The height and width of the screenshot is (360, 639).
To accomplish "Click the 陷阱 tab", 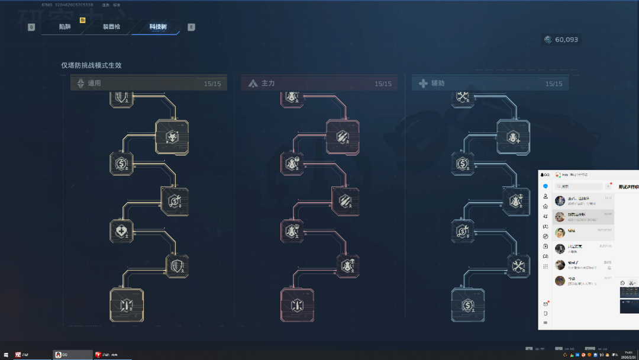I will (64, 27).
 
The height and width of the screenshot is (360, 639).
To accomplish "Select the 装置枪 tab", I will (111, 27).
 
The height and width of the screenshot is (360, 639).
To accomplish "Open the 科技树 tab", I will (157, 27).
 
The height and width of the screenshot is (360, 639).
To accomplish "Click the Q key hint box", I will (31, 27).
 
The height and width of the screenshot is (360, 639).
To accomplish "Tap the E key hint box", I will (191, 27).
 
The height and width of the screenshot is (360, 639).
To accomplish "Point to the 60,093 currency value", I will (566, 40).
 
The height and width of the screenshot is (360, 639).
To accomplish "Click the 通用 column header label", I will (94, 83).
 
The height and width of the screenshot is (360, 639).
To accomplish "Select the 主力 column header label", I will (268, 83).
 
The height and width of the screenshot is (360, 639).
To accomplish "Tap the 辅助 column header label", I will (438, 83).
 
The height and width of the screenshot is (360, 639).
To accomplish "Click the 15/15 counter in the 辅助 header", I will (554, 84).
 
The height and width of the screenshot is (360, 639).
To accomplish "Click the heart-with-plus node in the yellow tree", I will (121, 231).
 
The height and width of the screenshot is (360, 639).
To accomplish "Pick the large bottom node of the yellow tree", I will (127, 305).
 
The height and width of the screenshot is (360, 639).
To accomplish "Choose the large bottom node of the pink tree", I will (297, 305).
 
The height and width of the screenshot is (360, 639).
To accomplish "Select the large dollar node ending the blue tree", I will (467, 305).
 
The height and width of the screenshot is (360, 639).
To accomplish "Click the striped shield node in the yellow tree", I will (177, 266).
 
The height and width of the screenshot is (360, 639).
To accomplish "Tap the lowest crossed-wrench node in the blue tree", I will (518, 266).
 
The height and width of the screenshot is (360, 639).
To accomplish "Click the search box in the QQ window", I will (579, 187).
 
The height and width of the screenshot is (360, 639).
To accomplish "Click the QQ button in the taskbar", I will (72, 355).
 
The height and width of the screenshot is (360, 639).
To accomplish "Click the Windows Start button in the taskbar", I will (6, 355).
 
